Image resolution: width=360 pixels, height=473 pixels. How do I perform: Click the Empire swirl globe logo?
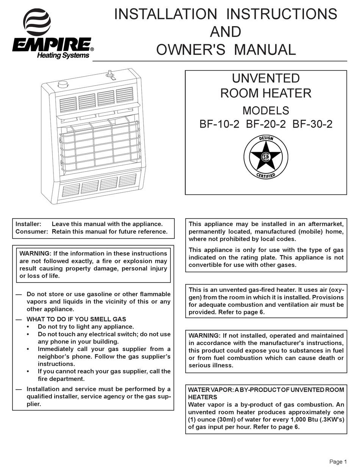tap(37, 22)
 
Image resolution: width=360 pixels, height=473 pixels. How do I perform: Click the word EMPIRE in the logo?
tap(52, 45)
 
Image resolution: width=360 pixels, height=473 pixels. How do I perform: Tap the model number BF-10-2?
tap(219, 124)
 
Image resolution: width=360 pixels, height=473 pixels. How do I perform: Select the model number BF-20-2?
tap(266, 124)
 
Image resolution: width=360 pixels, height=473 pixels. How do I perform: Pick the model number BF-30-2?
tap(313, 124)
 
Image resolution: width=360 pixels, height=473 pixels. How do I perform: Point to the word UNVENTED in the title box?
tap(266, 78)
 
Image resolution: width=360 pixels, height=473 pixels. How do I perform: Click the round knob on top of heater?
tap(63, 84)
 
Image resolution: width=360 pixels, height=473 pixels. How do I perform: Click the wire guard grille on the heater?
tap(100, 144)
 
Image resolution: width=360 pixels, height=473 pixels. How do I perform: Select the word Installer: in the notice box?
tap(28, 224)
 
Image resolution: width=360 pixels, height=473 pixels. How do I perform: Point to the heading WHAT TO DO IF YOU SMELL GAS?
tap(76, 319)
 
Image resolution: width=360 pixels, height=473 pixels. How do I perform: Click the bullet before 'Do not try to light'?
tap(29, 327)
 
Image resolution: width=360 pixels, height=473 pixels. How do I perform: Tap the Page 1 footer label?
tap(338, 462)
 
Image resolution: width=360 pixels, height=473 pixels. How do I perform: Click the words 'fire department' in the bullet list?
tap(61, 379)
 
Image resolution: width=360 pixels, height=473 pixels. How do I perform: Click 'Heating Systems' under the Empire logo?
tap(63, 56)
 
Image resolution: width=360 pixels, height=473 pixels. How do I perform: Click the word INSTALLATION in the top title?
tap(166, 14)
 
